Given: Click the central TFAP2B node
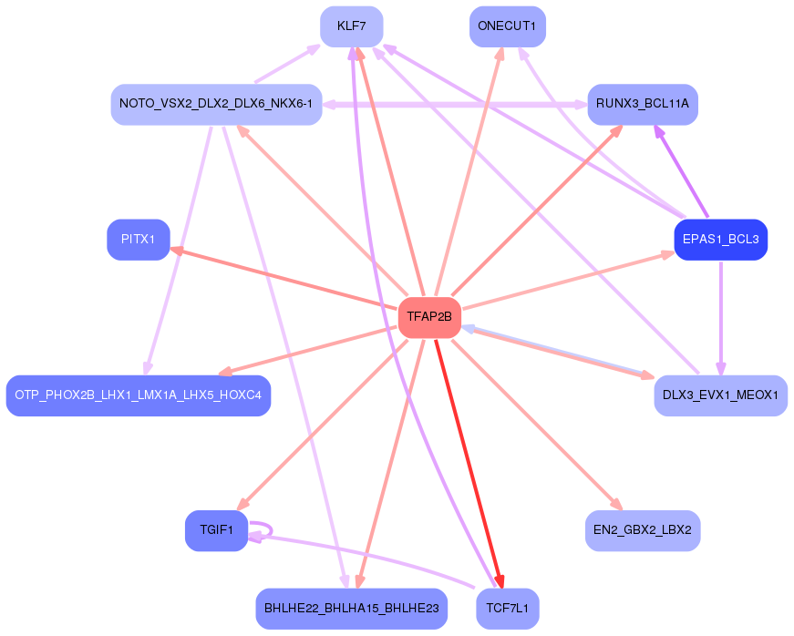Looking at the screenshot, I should point(429,317).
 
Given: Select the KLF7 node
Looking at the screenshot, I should point(351,26).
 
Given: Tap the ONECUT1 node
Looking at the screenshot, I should point(507,26).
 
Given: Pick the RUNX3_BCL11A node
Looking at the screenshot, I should point(642,104).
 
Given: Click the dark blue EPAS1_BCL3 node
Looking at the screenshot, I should point(720,240).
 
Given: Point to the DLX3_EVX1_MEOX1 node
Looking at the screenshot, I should point(720,395).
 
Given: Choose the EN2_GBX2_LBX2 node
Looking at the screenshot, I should point(642,530).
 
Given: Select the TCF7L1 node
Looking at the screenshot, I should point(507,608).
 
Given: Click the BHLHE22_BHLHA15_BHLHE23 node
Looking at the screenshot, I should point(351,608).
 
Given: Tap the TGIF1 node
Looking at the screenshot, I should point(216,530).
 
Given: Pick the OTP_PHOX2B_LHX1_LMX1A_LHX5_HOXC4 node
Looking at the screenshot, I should point(139,395).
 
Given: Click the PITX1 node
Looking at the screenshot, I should point(139,240).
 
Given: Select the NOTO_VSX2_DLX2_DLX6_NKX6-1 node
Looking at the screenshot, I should point(216,104).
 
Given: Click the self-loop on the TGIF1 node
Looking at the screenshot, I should point(268,529).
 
